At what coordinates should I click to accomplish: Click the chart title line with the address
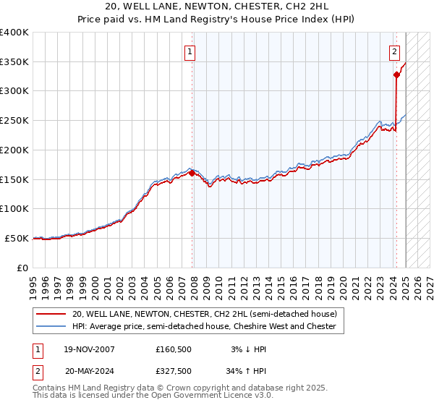[x=216, y=7]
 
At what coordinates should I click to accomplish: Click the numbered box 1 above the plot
[x=190, y=51]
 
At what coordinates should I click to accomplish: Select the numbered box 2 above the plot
[x=394, y=51]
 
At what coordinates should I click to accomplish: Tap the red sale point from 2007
[x=192, y=173]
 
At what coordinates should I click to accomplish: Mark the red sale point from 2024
[x=397, y=74]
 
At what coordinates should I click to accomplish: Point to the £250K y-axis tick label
[x=14, y=120]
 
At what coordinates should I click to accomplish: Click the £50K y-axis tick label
[x=17, y=238]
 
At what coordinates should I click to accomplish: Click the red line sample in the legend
[x=51, y=315]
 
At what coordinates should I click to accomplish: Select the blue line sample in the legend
[x=51, y=327]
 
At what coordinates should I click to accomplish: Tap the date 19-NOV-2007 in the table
[x=90, y=349]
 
